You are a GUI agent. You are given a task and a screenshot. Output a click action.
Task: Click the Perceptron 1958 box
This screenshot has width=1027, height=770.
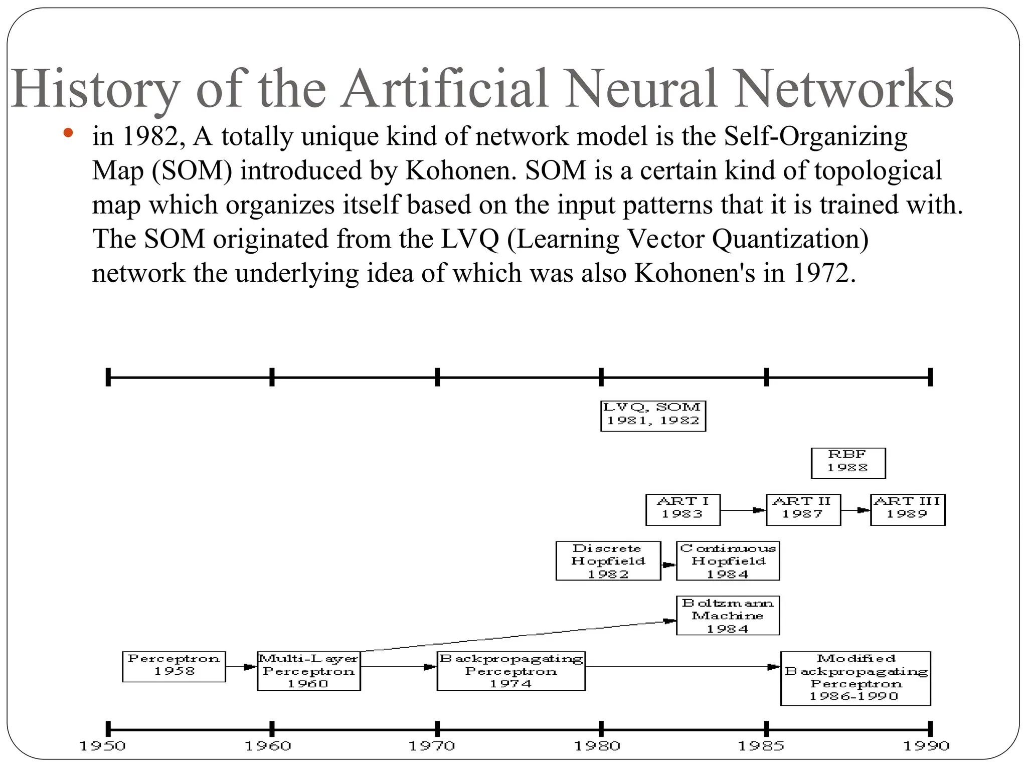[174, 666]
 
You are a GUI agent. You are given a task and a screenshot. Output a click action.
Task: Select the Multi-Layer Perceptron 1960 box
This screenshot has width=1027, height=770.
[308, 671]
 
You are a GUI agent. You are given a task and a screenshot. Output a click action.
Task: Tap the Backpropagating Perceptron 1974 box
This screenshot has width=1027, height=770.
[510, 671]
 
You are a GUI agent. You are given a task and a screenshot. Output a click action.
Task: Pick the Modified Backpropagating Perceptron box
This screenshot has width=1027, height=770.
[855, 678]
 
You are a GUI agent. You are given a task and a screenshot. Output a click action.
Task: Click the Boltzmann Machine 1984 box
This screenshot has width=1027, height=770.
[727, 615]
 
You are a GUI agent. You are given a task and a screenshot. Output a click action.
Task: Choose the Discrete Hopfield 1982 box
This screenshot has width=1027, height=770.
[608, 561]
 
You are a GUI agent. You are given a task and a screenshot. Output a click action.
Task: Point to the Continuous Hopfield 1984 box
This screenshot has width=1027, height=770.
[727, 561]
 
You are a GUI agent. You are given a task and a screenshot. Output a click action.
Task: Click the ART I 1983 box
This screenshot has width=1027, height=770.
[682, 509]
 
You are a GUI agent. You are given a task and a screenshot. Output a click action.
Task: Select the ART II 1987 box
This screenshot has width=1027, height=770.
[803, 509]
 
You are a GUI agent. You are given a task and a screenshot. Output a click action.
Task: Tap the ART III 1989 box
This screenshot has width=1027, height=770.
[907, 509]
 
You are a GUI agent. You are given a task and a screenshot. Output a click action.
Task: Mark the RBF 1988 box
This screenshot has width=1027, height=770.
[847, 463]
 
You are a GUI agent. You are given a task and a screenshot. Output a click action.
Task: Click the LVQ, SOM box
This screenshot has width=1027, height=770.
[653, 416]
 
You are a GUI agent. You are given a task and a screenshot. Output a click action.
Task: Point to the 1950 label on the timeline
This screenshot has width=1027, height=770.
[103, 746]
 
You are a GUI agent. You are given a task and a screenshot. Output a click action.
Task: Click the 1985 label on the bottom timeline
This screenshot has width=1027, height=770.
[761, 746]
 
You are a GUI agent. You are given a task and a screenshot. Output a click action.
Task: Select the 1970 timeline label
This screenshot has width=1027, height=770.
[432, 746]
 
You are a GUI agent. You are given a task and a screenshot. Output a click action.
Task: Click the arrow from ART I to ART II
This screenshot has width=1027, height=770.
[743, 510]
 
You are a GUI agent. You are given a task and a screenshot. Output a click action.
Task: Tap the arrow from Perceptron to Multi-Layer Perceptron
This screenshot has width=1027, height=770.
[241, 667]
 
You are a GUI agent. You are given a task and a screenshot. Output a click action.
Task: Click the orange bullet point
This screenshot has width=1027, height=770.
[69, 133]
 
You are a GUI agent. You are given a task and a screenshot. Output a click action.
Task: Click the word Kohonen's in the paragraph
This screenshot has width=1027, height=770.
[695, 273]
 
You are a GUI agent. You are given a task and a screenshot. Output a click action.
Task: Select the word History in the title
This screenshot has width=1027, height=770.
[95, 89]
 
